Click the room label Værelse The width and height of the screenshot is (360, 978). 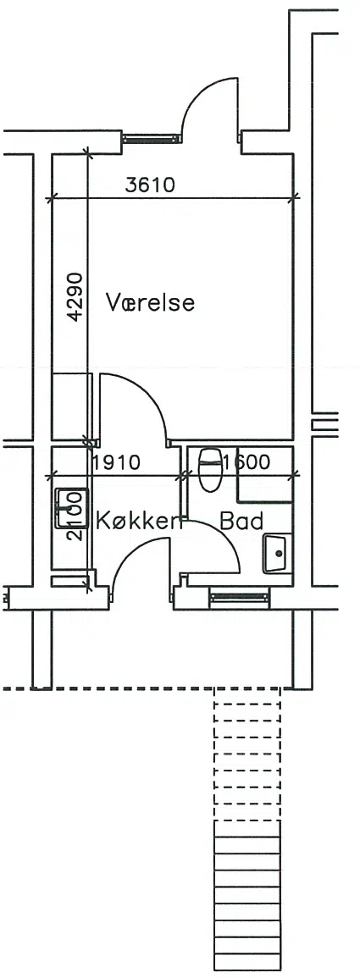tap(151, 302)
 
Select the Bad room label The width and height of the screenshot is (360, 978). tap(242, 521)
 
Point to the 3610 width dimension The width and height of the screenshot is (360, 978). tap(150, 185)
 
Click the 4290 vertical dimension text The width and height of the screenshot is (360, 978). tap(75, 296)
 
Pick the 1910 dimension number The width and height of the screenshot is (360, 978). tap(116, 463)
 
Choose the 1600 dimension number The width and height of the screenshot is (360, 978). tap(246, 462)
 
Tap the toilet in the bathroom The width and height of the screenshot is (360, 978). tap(209, 468)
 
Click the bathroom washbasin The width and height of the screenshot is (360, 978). tap(276, 553)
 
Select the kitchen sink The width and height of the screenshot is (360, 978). tap(71, 508)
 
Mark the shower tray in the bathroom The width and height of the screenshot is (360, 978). tap(265, 475)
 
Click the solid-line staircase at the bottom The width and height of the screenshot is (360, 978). tap(247, 899)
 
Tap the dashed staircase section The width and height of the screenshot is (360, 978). tap(247, 754)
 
